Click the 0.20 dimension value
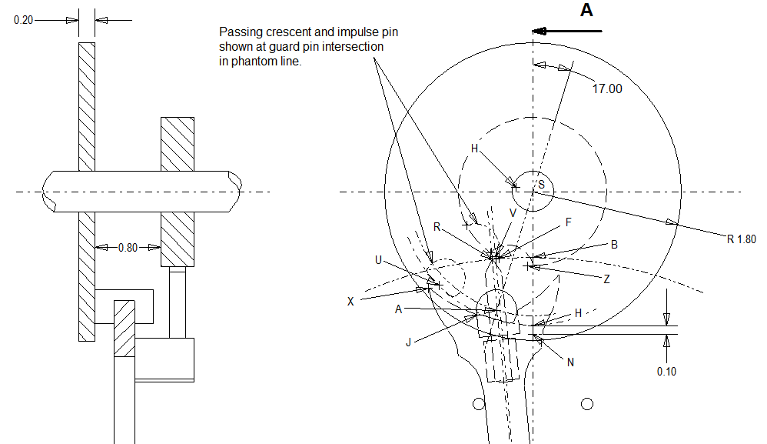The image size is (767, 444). [x=23, y=19]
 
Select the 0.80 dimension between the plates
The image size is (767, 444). [x=127, y=248]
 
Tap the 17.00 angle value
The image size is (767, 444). [x=606, y=88]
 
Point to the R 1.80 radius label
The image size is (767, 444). [x=741, y=239]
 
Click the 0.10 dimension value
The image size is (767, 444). [x=667, y=372]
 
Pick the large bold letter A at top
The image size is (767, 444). [x=586, y=10]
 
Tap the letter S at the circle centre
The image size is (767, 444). [x=541, y=185]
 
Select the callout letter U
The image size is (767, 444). [x=378, y=261]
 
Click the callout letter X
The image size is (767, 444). [x=350, y=301]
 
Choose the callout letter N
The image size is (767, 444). [x=569, y=362]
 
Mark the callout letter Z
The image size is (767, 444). [x=606, y=279]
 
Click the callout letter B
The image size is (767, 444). [x=614, y=245]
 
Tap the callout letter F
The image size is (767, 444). [x=568, y=222]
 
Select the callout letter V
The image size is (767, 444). [x=513, y=212]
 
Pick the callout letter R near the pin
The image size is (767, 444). [x=437, y=227]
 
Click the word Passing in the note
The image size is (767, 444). [x=239, y=32]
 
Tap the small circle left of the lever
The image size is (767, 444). [x=479, y=403]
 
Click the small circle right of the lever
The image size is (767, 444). [x=589, y=403]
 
